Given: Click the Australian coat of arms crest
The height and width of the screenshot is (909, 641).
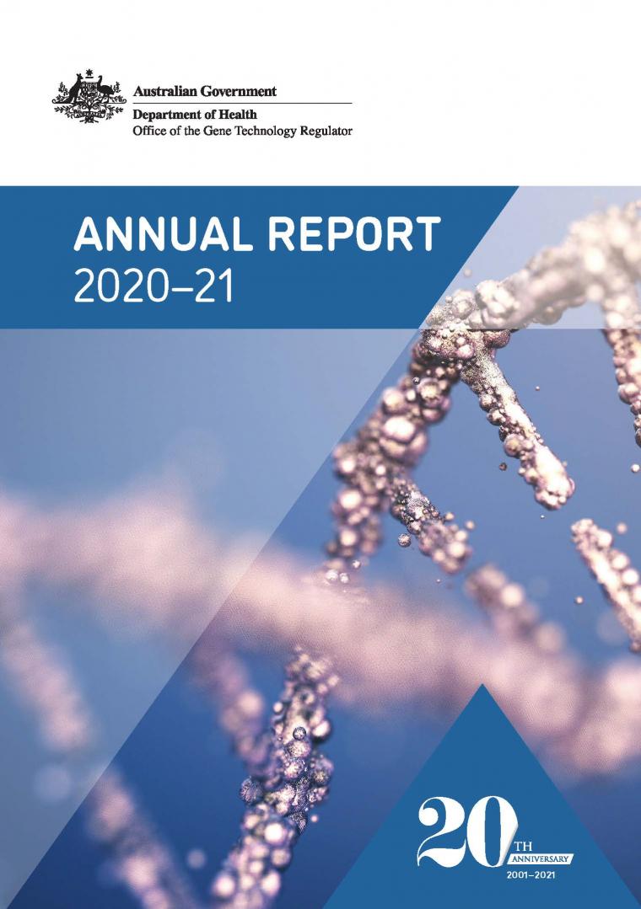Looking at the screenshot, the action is pyautogui.click(x=89, y=96).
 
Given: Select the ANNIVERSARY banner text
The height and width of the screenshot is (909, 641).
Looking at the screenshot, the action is pyautogui.click(x=540, y=858).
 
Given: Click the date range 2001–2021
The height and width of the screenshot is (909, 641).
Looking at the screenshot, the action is pyautogui.click(x=531, y=874).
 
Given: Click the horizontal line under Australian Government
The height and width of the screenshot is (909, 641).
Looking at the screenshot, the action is pyautogui.click(x=242, y=103).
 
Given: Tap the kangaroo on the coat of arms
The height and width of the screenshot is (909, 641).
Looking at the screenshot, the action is pyautogui.click(x=73, y=90).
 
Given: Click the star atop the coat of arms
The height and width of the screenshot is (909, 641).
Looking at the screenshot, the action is pyautogui.click(x=89, y=73).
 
